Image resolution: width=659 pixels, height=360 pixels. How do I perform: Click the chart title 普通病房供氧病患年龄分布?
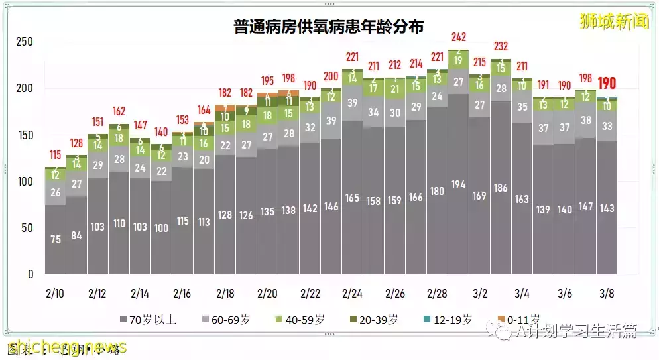point(329,26)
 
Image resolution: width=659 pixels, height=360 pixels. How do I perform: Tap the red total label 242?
point(458,37)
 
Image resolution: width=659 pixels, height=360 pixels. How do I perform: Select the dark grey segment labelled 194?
point(458,183)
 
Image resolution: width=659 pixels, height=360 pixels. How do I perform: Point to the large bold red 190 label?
point(607,84)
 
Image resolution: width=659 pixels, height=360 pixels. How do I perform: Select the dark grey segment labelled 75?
point(56,239)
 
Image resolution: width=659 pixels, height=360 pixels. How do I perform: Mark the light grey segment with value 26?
point(56,192)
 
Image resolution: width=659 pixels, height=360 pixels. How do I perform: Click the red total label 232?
point(501,46)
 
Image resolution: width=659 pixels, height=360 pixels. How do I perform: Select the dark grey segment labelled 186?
point(501,188)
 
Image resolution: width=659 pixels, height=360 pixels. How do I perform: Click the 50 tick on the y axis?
point(27,228)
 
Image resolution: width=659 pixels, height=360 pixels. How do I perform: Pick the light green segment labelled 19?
point(458,60)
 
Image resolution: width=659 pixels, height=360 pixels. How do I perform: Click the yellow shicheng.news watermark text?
point(66,347)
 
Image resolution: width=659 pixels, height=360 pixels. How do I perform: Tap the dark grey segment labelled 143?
point(607,208)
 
